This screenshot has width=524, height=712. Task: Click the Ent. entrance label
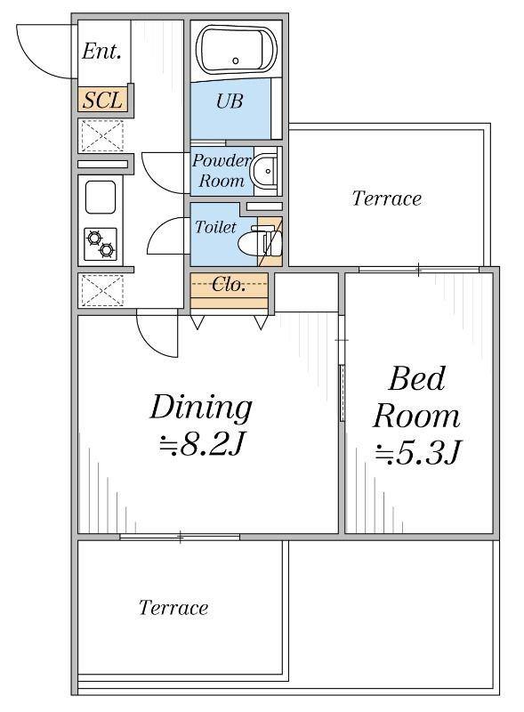click(101, 51)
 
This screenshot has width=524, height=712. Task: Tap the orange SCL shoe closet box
click(102, 100)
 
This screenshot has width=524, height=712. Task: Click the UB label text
click(230, 101)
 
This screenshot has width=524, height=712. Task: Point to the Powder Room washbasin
click(266, 171)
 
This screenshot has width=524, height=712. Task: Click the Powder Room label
click(222, 170)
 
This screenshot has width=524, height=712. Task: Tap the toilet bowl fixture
click(260, 242)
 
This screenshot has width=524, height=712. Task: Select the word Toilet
click(215, 226)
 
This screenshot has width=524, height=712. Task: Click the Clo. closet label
click(229, 284)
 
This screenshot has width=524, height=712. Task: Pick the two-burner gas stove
click(101, 244)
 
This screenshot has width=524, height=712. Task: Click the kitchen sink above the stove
click(101, 197)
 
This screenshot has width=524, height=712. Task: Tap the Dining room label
click(201, 408)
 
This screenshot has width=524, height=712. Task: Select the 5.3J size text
click(418, 453)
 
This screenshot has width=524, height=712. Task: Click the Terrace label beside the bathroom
click(387, 198)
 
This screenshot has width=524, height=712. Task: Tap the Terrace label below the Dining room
click(173, 608)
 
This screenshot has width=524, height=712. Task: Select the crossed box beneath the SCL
click(102, 135)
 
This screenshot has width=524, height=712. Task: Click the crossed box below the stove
click(102, 290)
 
